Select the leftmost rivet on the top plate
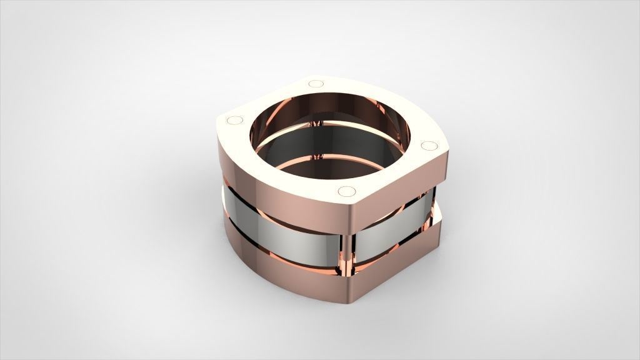pos(236,119)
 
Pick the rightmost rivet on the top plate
pos(429,146)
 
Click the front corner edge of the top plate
pos(350,216)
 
